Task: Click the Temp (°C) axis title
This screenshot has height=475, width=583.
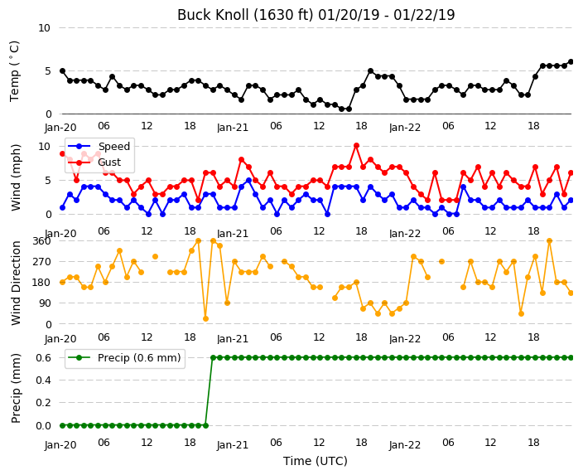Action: [x=14, y=71]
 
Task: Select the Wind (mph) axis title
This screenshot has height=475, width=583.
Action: [x=15, y=177]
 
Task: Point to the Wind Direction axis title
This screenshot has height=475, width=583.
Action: [x=15, y=283]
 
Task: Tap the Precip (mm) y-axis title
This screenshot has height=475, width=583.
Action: [x=15, y=388]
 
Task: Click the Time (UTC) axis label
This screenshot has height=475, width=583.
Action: [x=316, y=461]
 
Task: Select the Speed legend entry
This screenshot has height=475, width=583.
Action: [x=99, y=146]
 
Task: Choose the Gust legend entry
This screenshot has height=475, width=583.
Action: [x=94, y=162]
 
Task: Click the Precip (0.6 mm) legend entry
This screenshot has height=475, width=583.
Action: [x=124, y=358]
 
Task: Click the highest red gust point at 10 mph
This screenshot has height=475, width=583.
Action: [x=356, y=146]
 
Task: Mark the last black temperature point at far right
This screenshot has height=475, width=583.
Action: [x=571, y=62]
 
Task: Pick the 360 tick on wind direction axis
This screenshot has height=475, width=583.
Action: [x=41, y=241]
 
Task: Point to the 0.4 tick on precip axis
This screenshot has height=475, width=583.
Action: [x=43, y=380]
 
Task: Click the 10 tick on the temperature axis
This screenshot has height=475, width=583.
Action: [x=44, y=28]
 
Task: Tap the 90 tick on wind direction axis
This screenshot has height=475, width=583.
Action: [x=45, y=303]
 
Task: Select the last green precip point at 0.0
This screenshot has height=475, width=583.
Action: [x=205, y=425]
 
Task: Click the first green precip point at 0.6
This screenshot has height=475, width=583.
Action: [x=213, y=358]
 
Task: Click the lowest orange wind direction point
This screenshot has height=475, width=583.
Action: [x=205, y=318]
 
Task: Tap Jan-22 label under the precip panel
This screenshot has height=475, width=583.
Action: [x=405, y=445]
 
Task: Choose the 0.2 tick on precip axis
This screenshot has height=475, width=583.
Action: [x=43, y=403]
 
